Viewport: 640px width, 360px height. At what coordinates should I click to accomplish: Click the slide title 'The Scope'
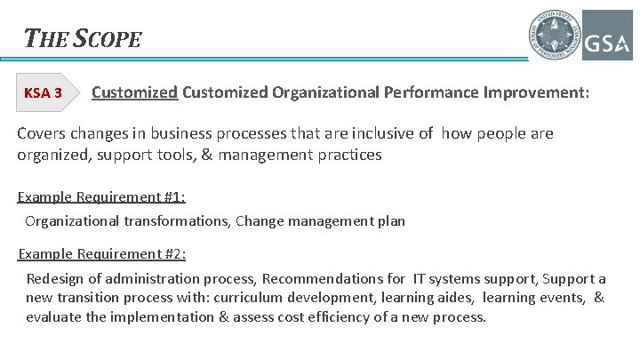pos(83,38)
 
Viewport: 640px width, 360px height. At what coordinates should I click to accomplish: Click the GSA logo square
pos(607,36)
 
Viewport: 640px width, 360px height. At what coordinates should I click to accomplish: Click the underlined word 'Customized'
pos(134,92)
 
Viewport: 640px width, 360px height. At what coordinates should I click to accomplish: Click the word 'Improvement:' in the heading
pos(538,92)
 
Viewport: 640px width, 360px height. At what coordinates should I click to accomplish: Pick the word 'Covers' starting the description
pos(41,134)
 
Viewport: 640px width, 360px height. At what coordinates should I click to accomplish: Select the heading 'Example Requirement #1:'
pos(101,197)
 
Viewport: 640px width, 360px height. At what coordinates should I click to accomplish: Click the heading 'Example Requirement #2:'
pos(101,254)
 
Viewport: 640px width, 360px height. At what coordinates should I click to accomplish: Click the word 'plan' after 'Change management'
pos(391,220)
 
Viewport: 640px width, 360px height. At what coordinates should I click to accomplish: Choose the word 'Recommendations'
pos(326,278)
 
